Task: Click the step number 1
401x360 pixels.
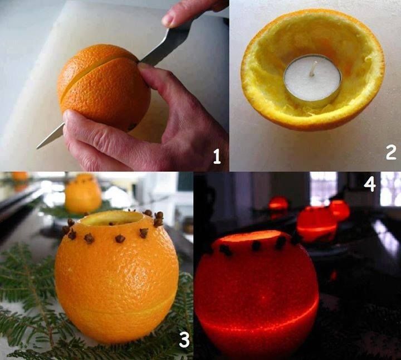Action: (x=217, y=157)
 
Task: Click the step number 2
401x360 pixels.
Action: (x=391, y=152)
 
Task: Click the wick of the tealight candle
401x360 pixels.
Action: (x=314, y=69)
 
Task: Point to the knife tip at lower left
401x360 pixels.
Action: (x=40, y=145)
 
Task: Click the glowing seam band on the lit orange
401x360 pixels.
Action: (x=256, y=323)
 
